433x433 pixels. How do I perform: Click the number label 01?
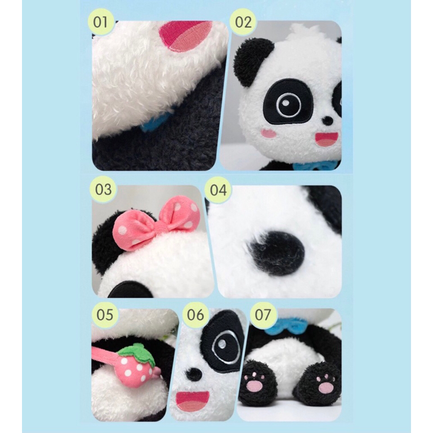[x=100, y=22]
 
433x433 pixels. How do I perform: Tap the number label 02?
[x=243, y=22]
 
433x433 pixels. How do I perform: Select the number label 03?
[x=103, y=190]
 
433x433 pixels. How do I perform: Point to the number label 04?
[x=218, y=190]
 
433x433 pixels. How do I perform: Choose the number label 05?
[x=105, y=315]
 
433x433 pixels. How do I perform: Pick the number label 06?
[x=195, y=315]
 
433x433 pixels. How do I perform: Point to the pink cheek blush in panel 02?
[x=269, y=133]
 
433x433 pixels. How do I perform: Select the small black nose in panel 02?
[x=328, y=121]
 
